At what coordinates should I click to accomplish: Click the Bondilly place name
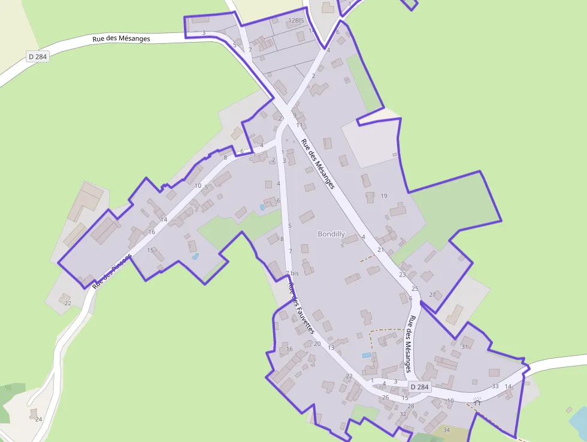pyautogui.click(x=331, y=234)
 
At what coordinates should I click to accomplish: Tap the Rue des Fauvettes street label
pyautogui.click(x=301, y=308)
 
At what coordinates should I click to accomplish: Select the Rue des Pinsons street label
pyautogui.click(x=112, y=270)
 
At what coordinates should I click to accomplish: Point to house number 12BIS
pyautogui.click(x=296, y=20)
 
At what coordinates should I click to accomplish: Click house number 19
pyautogui.click(x=384, y=196)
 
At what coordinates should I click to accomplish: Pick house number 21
pyautogui.click(x=380, y=249)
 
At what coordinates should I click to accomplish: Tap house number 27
pyautogui.click(x=433, y=294)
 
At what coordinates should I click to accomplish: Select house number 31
pyautogui.click(x=464, y=347)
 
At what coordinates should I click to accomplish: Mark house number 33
pyautogui.click(x=495, y=386)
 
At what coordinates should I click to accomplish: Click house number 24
pyautogui.click(x=38, y=419)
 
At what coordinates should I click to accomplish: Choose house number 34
pyautogui.click(x=446, y=430)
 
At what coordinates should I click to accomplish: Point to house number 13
pyautogui.click(x=331, y=348)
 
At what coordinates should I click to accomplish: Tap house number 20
pyautogui.click(x=317, y=344)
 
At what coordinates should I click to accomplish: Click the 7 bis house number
pyautogui.click(x=292, y=273)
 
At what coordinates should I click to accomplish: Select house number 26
pyautogui.click(x=385, y=397)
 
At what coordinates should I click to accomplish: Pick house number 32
pyautogui.click(x=403, y=414)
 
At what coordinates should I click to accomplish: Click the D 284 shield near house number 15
pyautogui.click(x=420, y=387)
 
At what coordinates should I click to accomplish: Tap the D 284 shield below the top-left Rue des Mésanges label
pyautogui.click(x=37, y=56)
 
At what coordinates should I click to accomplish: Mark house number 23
pyautogui.click(x=403, y=275)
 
